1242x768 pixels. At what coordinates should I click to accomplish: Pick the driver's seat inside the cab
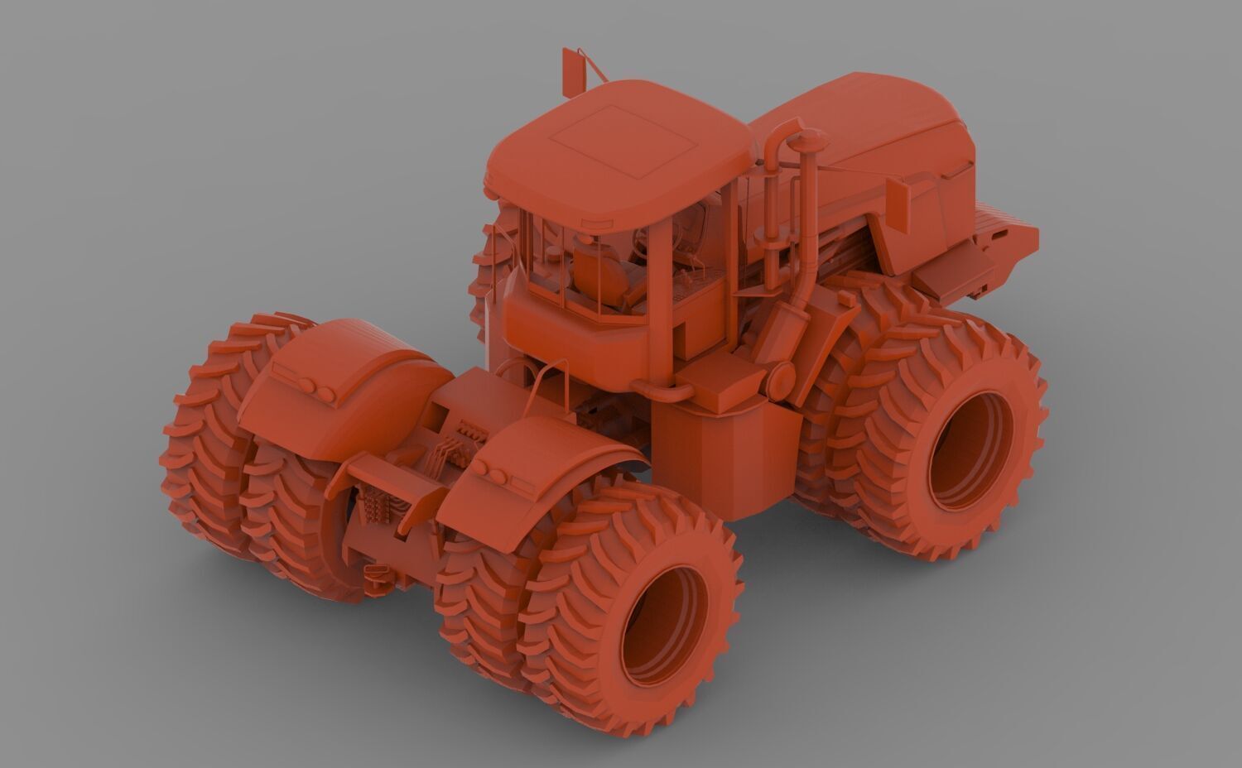[x=598, y=273]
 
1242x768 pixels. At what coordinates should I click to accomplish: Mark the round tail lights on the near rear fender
[x=494, y=471]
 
